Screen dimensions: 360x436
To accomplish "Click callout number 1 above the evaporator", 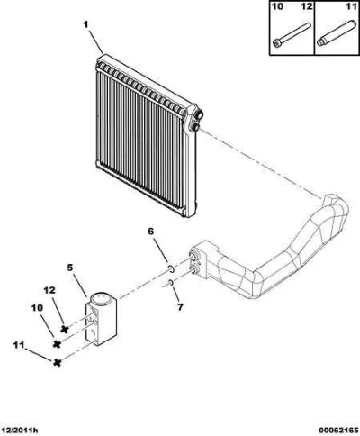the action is [85, 25].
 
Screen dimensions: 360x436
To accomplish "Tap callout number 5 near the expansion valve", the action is [70, 268].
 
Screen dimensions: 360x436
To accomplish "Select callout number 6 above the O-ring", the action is [150, 232].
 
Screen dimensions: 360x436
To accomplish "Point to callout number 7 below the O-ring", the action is [180, 307].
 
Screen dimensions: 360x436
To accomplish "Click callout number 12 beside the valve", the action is [49, 290].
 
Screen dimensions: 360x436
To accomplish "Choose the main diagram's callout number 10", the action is [37, 308].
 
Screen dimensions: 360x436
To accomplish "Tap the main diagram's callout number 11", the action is [18, 346].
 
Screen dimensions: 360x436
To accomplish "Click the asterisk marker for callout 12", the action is [64, 329].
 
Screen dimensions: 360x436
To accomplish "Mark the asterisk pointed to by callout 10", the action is [57, 344].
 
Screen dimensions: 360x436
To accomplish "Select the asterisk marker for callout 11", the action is [57, 363].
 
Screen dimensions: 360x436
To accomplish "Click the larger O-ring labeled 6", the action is [171, 268].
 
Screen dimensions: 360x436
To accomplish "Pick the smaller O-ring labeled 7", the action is [171, 282].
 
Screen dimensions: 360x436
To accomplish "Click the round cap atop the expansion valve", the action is [101, 299].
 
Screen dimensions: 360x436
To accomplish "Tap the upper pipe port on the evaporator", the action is [198, 114].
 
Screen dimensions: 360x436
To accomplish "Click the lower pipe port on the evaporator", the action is [195, 126].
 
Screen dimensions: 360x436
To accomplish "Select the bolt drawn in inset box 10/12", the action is [292, 35].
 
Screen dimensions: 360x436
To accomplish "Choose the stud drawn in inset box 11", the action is [336, 32].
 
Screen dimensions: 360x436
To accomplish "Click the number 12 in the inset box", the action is [307, 6].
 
